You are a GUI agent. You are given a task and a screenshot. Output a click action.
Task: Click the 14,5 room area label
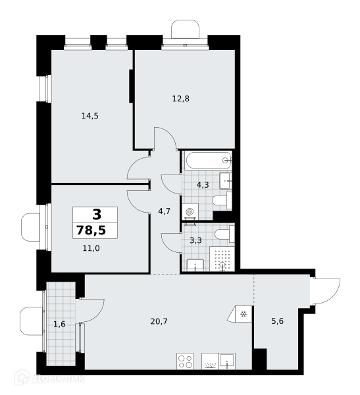(x=90, y=116)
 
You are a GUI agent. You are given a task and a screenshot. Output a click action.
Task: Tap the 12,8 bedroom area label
(x=180, y=99)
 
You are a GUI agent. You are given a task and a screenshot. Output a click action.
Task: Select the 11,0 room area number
(x=91, y=248)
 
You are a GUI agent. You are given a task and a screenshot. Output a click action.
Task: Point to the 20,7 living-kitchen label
(x=159, y=321)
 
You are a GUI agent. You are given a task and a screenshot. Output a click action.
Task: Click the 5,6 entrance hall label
(x=277, y=321)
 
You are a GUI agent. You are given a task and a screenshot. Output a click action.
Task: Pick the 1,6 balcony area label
(x=59, y=324)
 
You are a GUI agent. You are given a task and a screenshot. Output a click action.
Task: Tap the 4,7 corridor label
(x=165, y=211)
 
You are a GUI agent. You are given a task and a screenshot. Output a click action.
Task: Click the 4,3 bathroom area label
(x=203, y=185)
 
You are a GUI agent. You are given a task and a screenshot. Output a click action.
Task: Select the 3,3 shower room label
(x=195, y=240)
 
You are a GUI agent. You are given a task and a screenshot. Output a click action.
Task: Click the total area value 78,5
(x=91, y=230)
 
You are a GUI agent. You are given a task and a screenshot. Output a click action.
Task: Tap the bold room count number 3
(x=97, y=215)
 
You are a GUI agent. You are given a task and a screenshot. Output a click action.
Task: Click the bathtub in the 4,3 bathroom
(x=208, y=160)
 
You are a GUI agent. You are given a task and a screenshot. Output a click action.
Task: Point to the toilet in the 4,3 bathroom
(x=222, y=200)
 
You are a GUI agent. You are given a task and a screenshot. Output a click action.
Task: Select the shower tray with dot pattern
(x=222, y=259)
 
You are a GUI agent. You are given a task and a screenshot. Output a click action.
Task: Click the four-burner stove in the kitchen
(x=185, y=361)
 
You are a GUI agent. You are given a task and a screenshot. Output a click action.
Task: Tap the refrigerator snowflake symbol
(x=244, y=314)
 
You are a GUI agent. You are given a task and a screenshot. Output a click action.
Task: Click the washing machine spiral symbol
(x=190, y=212)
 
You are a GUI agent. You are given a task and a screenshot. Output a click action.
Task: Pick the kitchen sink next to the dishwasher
(x=227, y=361)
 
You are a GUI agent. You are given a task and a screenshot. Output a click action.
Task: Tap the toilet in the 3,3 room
(x=224, y=234)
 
